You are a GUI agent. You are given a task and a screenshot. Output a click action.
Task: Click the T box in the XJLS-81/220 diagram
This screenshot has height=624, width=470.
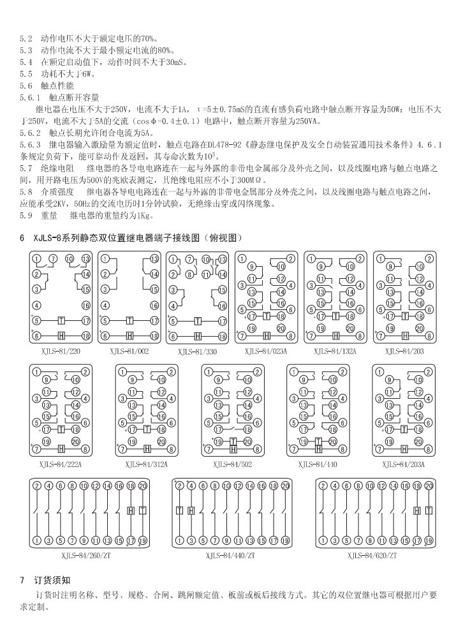click(x=62, y=320)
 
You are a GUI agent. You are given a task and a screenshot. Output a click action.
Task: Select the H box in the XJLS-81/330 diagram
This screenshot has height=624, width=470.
click(x=198, y=336)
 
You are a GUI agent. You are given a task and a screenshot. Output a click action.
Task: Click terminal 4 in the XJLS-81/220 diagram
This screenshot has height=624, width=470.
click(x=37, y=305)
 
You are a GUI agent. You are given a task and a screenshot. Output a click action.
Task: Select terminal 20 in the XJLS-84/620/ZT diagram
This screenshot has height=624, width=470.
click(x=429, y=486)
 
